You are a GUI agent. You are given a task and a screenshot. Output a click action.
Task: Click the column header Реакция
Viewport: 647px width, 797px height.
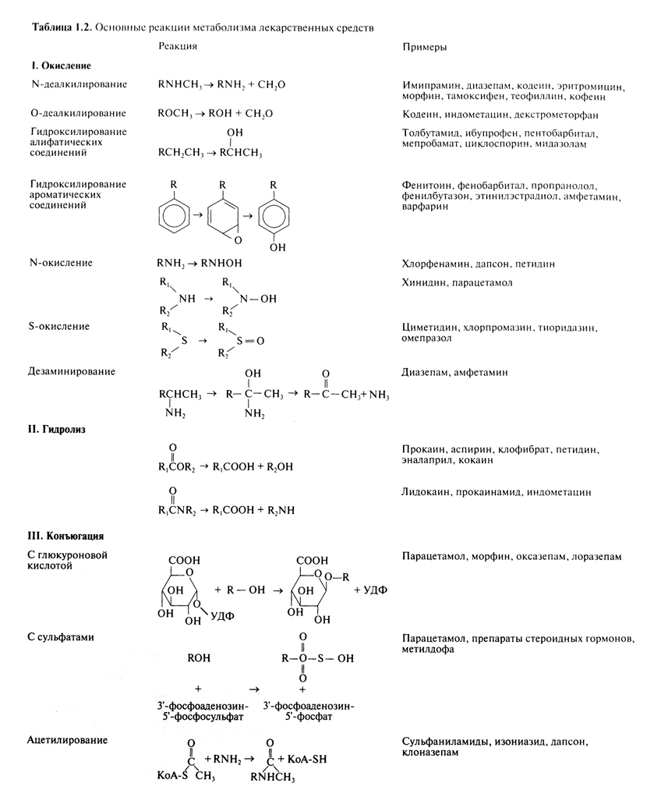pos(177,46)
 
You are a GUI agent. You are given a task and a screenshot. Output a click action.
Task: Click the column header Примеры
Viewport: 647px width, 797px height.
pos(424,48)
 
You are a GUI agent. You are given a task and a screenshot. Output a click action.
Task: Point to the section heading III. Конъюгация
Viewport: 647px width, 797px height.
pos(65,537)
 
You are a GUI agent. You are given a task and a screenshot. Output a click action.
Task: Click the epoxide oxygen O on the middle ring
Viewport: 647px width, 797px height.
pos(238,240)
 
